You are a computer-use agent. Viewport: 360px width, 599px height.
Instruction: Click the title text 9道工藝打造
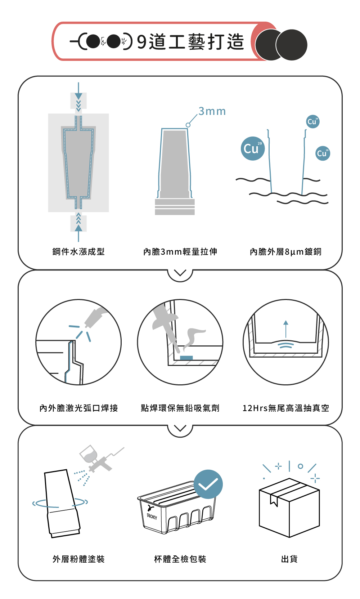[190, 42]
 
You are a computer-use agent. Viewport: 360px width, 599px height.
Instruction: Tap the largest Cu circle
[253, 148]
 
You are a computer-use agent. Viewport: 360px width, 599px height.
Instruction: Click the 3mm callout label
[212, 111]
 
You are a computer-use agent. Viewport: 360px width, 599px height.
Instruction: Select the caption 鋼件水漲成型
[78, 252]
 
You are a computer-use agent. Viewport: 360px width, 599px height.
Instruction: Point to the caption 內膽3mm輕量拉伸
[180, 252]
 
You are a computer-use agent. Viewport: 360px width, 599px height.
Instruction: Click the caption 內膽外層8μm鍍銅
[285, 252]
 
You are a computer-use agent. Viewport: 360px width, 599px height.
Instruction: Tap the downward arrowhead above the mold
[78, 96]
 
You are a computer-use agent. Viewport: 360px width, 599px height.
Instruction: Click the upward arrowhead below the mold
[78, 228]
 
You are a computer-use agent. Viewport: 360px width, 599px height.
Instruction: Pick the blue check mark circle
[208, 484]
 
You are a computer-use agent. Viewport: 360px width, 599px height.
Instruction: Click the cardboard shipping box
[289, 508]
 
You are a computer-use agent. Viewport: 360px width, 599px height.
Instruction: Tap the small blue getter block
[186, 358]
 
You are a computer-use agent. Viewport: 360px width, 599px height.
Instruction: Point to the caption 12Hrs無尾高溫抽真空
[285, 408]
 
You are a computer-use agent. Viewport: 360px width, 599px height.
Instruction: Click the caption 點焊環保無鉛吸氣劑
[180, 408]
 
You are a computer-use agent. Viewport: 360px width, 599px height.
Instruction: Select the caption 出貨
[289, 559]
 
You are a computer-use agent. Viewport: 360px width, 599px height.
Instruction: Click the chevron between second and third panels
[180, 428]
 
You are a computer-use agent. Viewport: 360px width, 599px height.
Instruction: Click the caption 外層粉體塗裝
[78, 559]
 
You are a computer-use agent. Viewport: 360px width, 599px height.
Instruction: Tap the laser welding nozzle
[95, 317]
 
